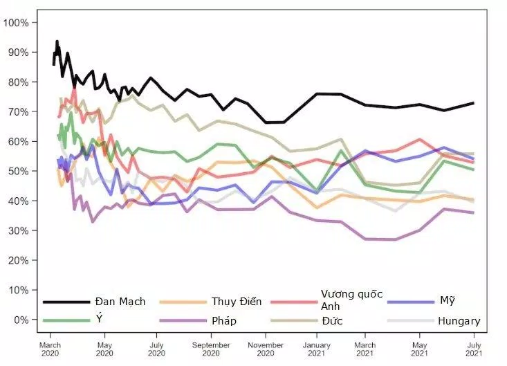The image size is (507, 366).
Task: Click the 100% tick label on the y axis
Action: click(x=16, y=22)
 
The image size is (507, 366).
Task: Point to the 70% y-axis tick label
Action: click(x=17, y=111)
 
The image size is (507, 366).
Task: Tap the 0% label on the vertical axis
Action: click(x=20, y=320)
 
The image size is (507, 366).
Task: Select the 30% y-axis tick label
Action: click(x=17, y=230)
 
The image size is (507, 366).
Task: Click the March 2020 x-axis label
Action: click(x=50, y=349)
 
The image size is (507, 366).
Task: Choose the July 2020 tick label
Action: click(x=157, y=349)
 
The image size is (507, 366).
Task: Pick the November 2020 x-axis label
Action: click(x=266, y=349)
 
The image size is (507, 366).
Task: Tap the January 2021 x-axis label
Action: click(x=317, y=349)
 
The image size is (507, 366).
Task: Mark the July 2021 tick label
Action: click(x=473, y=349)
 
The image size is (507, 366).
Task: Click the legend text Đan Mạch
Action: click(x=120, y=302)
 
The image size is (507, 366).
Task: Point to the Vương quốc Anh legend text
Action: click(x=351, y=300)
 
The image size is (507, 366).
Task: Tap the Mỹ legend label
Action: click(x=447, y=301)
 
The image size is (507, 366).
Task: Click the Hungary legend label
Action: click(x=459, y=320)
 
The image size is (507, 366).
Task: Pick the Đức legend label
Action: click(x=332, y=320)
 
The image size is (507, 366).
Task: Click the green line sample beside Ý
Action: click(x=66, y=320)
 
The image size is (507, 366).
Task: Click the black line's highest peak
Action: click(x=57, y=42)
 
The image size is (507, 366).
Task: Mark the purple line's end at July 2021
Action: click(x=473, y=212)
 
